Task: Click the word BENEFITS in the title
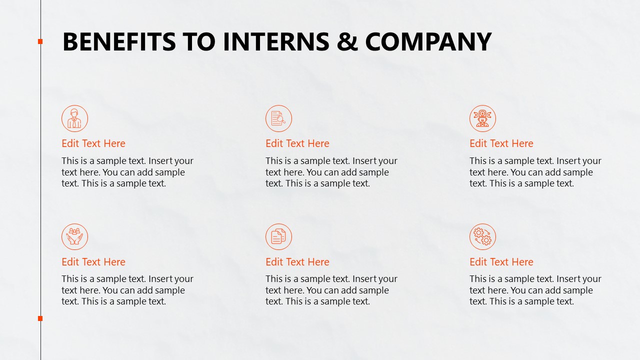119,41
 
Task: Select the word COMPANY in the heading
428,41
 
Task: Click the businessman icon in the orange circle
74,118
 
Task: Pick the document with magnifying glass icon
278,118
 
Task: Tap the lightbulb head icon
482,118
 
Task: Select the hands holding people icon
74,236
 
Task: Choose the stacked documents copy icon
278,236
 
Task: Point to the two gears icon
482,236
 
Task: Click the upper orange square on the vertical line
40,41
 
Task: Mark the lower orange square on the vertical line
40,318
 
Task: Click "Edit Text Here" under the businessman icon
93,143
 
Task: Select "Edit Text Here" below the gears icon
501,262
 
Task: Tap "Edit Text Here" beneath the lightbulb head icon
501,143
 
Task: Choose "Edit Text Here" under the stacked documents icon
297,262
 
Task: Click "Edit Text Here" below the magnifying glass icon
297,143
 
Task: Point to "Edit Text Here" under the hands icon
93,262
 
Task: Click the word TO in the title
199,41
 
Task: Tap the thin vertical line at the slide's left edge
40,180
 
